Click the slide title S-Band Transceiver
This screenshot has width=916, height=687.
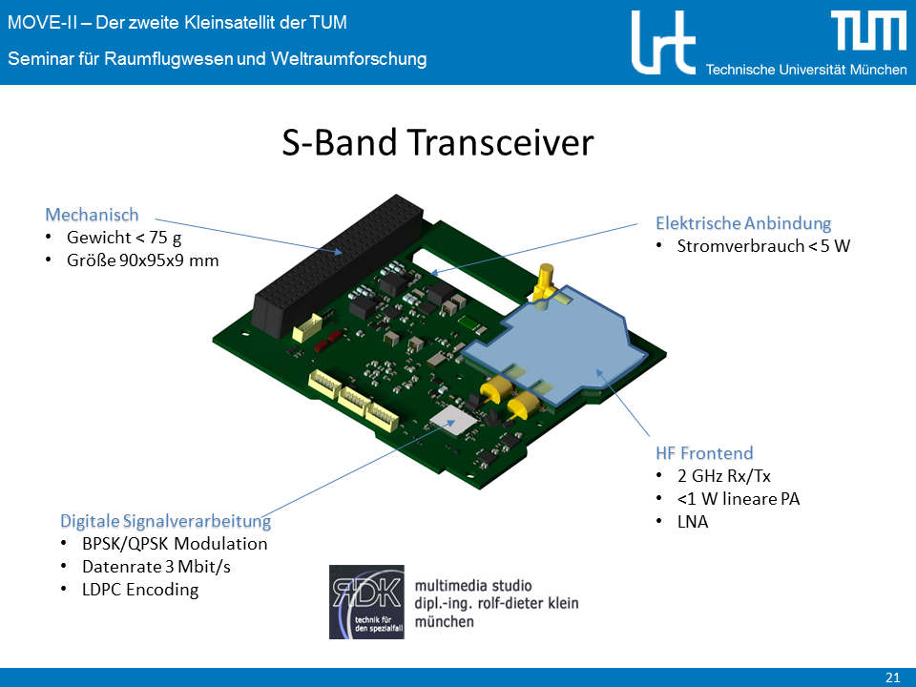(x=438, y=142)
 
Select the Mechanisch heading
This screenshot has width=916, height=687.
(x=92, y=215)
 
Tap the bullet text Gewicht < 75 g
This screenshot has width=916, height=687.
(x=124, y=238)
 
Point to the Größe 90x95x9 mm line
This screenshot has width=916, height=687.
(x=142, y=260)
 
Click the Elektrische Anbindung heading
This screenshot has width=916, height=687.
(x=743, y=223)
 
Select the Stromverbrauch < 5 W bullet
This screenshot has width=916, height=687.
(x=763, y=246)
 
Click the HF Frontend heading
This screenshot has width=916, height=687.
(x=704, y=452)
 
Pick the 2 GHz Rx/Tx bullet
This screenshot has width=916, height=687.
(x=724, y=476)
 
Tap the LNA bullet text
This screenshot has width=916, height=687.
(x=693, y=522)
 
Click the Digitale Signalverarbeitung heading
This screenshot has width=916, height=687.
(x=165, y=521)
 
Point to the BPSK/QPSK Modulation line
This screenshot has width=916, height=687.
(x=175, y=544)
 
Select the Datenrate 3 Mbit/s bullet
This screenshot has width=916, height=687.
(x=156, y=567)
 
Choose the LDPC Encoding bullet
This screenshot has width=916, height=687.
(x=140, y=590)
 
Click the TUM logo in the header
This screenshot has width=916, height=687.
(x=868, y=31)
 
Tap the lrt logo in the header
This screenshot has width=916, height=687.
(x=663, y=43)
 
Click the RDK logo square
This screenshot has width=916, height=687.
(x=366, y=602)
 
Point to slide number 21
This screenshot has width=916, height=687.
(x=893, y=677)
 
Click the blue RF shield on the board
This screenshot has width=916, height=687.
(x=561, y=344)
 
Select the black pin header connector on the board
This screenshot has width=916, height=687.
(x=337, y=266)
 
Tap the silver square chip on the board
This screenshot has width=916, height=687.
(x=454, y=420)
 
